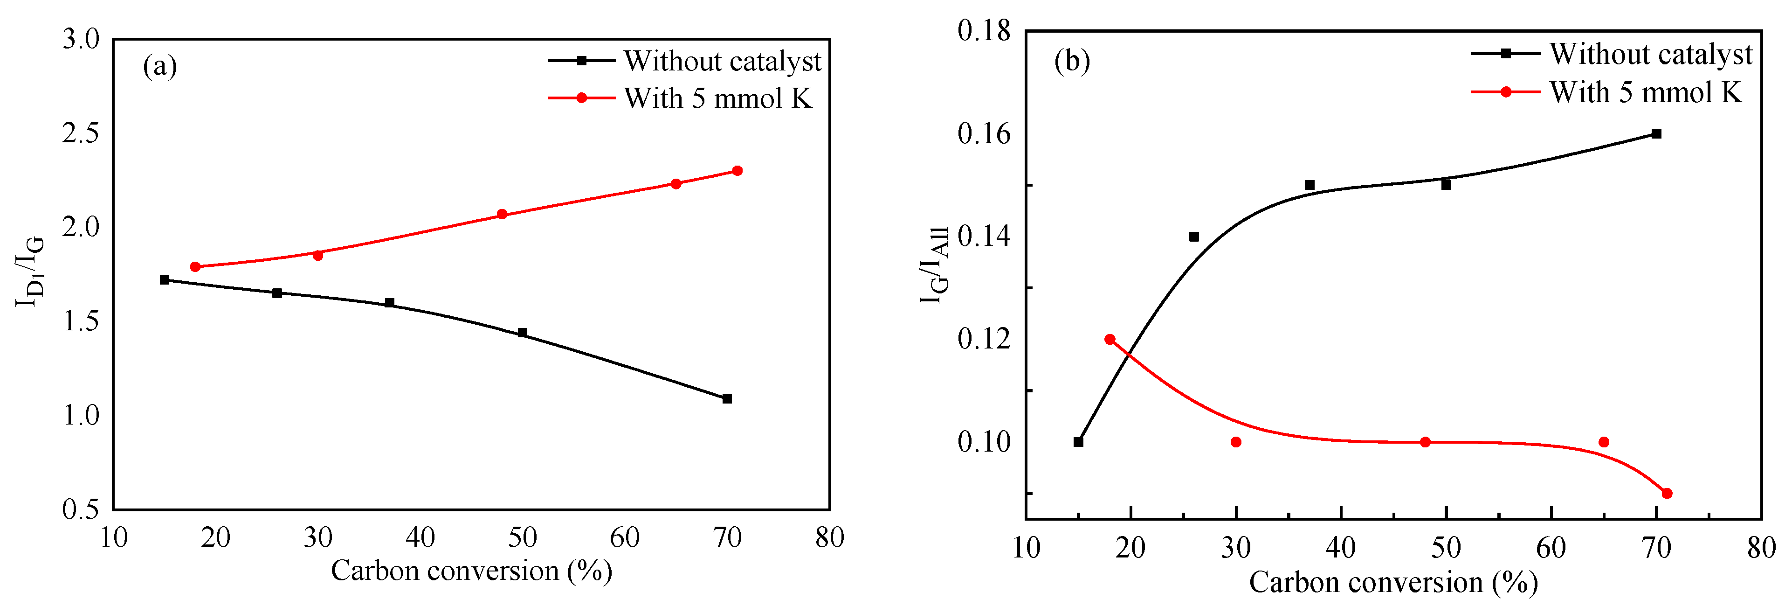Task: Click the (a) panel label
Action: (160, 67)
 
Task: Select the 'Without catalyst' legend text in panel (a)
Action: (722, 61)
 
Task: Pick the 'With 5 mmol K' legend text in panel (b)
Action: (1645, 92)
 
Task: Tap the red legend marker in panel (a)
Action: (582, 98)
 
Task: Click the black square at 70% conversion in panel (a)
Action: (727, 399)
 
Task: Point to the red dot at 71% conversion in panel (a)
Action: (737, 170)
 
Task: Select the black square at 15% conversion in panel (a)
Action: (165, 280)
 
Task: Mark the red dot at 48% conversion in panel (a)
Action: (502, 214)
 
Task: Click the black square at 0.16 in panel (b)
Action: (1656, 133)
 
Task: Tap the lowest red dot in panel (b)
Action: (1667, 493)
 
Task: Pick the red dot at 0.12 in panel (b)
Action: (1110, 340)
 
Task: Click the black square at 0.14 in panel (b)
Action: (1194, 237)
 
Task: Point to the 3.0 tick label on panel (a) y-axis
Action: (82, 39)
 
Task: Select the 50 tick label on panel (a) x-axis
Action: (523, 537)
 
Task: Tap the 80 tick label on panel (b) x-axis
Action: (1761, 548)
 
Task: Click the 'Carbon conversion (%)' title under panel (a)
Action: (471, 571)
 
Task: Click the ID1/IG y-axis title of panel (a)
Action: (29, 272)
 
